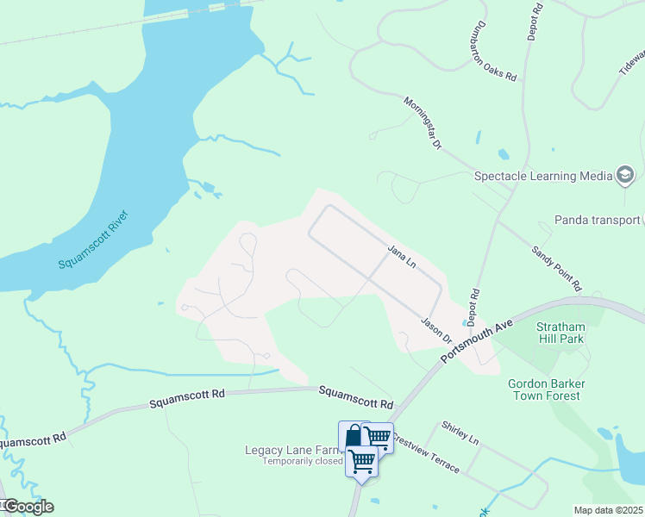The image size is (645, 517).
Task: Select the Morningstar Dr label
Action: tap(423, 123)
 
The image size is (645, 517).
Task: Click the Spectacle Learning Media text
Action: tap(543, 176)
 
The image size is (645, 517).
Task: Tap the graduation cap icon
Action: tap(625, 176)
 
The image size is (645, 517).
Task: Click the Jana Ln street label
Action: tap(402, 258)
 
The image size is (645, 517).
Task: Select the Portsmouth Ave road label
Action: tap(479, 342)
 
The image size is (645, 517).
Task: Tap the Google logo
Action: tap(28, 506)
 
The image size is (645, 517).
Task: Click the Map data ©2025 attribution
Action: tap(608, 510)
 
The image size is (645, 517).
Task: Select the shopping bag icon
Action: tap(354, 436)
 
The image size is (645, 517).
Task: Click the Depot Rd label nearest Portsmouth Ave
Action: tap(473, 307)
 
